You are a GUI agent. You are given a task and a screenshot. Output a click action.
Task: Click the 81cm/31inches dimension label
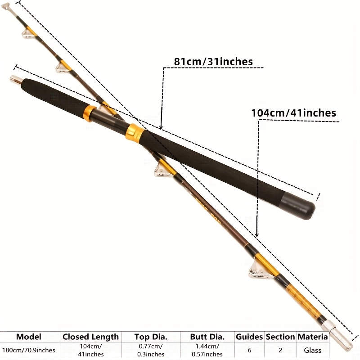tap(213, 62)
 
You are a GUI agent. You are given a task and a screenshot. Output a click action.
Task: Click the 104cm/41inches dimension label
tap(294, 113)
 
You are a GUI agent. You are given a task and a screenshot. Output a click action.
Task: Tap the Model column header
tap(29, 337)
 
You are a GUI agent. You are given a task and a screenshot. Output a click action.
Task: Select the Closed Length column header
tap(91, 337)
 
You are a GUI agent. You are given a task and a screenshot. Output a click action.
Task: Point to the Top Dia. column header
tap(151, 337)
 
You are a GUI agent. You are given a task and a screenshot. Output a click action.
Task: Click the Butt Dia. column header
tap(207, 337)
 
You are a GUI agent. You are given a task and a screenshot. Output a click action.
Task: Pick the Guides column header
tap(249, 337)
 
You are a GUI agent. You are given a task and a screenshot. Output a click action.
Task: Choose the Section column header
tap(280, 337)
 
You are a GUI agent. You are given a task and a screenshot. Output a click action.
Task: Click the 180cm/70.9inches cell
tap(29, 350)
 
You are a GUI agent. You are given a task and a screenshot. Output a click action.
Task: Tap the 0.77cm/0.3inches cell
tap(151, 350)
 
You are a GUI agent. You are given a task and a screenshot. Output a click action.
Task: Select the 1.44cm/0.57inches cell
tap(207, 350)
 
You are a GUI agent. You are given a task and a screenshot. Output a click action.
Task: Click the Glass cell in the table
tap(312, 351)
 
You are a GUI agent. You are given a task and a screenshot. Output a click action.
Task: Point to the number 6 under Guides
tap(249, 351)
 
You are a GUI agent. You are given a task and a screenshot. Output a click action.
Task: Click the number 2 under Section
tap(280, 351)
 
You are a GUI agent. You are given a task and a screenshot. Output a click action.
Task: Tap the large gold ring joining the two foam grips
tap(135, 133)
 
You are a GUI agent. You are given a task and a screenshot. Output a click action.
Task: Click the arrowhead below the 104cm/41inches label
tap(257, 234)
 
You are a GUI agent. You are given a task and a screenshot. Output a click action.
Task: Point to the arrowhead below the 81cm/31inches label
tap(161, 126)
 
